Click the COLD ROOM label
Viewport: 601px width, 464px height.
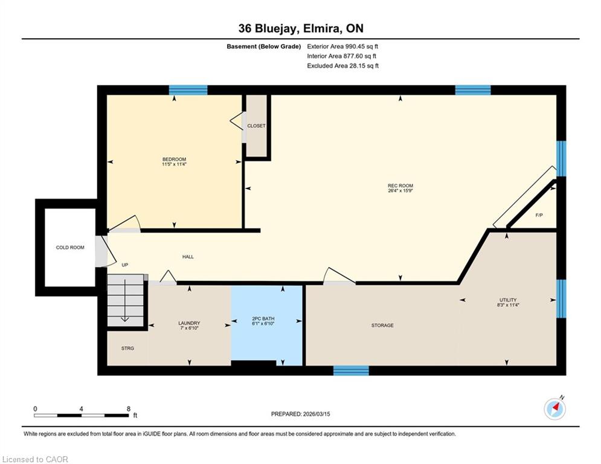coord(70,247)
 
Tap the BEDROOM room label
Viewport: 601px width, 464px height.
coord(174,159)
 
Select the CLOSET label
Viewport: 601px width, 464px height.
coord(257,126)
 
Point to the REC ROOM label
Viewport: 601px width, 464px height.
coord(400,185)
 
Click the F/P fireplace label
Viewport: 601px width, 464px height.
coord(539,215)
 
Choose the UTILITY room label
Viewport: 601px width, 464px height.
coord(508,300)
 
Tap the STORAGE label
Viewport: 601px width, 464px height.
coord(382,325)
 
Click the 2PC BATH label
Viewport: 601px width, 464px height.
coord(263,318)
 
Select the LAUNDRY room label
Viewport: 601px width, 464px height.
coord(189,323)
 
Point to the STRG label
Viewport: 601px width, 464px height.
coord(127,348)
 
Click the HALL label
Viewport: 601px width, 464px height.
coord(188,257)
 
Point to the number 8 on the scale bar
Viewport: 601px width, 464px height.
coord(129,409)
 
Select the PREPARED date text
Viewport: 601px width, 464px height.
coord(301,414)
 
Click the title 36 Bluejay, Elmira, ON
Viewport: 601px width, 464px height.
coord(301,28)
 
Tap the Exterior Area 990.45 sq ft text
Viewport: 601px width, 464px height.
coord(342,47)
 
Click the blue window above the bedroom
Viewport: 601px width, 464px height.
coord(188,90)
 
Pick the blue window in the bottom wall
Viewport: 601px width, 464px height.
coord(351,370)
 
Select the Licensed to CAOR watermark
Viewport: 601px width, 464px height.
coord(35,459)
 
